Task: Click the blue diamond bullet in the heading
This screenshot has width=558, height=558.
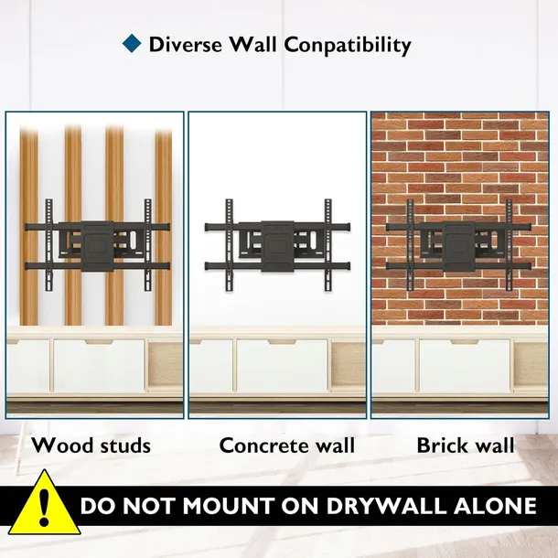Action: point(132,43)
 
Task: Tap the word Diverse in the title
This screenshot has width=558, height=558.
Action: point(186,45)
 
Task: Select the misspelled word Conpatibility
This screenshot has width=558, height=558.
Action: point(348,46)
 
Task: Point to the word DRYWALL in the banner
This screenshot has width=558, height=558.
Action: point(386,505)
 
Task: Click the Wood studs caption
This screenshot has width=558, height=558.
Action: point(91,445)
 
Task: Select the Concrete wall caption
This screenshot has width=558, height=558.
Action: point(287,445)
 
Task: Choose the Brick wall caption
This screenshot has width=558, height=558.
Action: point(466,445)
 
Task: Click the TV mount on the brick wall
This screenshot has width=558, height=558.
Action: point(458,245)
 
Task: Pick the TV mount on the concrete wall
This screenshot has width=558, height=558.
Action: point(277,245)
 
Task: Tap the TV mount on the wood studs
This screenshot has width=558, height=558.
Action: point(97,245)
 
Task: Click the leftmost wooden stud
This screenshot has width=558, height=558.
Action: point(29,226)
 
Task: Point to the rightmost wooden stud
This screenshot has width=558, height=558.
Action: point(164,226)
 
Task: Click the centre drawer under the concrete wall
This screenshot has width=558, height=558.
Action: point(282,366)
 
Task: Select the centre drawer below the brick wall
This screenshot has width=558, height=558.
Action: point(465,366)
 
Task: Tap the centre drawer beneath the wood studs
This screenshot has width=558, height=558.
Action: point(99,366)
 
